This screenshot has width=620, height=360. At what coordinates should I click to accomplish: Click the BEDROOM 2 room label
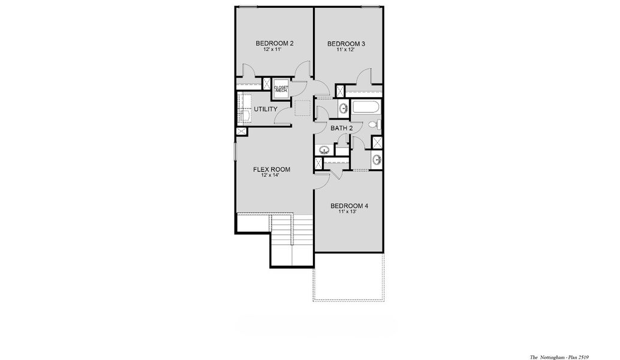click(x=275, y=43)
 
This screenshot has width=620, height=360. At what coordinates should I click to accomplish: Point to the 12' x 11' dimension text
click(x=272, y=50)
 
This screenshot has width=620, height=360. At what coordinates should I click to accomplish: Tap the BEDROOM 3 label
click(x=347, y=44)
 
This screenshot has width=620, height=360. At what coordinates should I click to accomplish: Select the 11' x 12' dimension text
click(x=345, y=50)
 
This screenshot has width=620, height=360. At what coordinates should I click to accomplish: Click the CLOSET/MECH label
click(x=281, y=89)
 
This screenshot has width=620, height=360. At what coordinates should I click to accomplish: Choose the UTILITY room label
click(x=265, y=109)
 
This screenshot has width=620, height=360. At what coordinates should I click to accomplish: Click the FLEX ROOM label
click(x=272, y=170)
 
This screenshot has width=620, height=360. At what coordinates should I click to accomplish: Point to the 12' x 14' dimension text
click(x=271, y=176)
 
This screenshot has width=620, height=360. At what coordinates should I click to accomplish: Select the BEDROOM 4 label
click(x=349, y=206)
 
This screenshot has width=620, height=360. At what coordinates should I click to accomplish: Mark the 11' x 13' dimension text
click(x=348, y=212)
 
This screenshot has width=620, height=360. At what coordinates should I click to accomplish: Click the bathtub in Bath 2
click(x=365, y=108)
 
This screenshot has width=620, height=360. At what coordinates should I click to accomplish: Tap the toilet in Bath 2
click(x=373, y=124)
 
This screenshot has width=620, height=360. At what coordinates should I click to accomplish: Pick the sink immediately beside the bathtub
click(x=344, y=109)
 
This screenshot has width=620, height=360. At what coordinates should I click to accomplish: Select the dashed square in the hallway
click(x=302, y=108)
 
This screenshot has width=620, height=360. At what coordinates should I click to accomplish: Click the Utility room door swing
click(x=283, y=118)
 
